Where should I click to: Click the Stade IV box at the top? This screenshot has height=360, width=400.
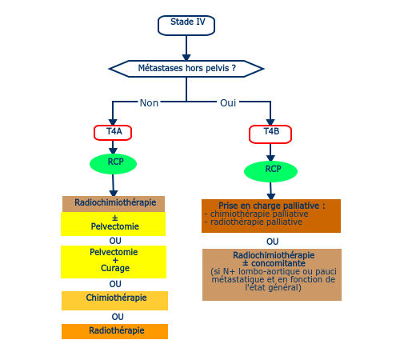pyautogui.click(x=186, y=26)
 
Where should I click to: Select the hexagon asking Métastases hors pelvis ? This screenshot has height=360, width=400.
pyautogui.click(x=186, y=69)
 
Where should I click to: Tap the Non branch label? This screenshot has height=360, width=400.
pyautogui.click(x=149, y=103)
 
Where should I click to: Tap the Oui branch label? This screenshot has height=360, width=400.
pyautogui.click(x=228, y=103)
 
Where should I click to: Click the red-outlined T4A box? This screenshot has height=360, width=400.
pyautogui.click(x=113, y=133)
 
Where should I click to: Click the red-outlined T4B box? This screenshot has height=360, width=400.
pyautogui.click(x=270, y=134)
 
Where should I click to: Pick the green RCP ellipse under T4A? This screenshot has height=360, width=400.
pyautogui.click(x=113, y=164)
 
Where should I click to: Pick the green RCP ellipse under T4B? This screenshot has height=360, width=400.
pyautogui.click(x=270, y=171)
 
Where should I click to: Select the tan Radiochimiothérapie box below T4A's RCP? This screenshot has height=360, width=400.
pyautogui.click(x=114, y=204)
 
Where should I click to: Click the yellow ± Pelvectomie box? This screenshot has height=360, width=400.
pyautogui.click(x=114, y=224)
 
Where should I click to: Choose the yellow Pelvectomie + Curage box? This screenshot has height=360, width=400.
pyautogui.click(x=114, y=262)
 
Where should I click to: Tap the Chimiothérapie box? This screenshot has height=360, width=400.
pyautogui.click(x=114, y=301)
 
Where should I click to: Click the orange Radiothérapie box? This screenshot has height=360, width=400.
pyautogui.click(x=114, y=331)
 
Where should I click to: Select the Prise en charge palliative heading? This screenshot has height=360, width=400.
pyautogui.click(x=272, y=206)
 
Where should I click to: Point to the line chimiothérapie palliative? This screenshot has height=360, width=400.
pyautogui.click(x=256, y=214)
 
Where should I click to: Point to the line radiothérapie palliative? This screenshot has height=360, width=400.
pyautogui.click(x=254, y=222)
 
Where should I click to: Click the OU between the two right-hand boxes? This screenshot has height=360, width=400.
pyautogui.click(x=272, y=242)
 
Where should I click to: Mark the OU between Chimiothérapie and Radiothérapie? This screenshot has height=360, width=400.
pyautogui.click(x=118, y=317)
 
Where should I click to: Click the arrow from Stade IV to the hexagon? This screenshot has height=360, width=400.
pyautogui.click(x=186, y=48)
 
